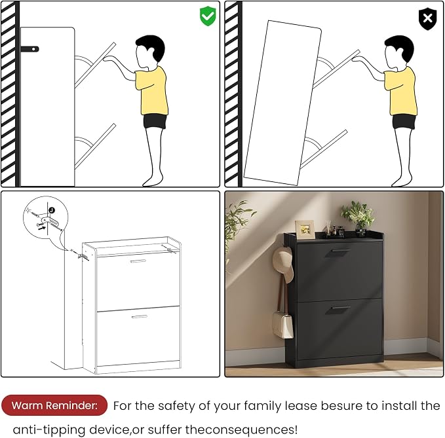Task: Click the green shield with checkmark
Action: click(208, 16)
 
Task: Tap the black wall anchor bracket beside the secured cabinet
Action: click(29, 49)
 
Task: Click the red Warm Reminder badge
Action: click(54, 405)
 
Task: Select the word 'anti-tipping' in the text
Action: click(48, 429)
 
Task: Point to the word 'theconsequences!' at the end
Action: click(242, 429)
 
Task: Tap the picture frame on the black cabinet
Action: click(305, 229)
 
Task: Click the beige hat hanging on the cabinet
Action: click(283, 264)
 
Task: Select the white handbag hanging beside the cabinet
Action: click(282, 324)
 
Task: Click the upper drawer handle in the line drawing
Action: click(138, 261)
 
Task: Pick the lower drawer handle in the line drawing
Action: click(140, 317)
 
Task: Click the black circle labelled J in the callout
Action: click(52, 210)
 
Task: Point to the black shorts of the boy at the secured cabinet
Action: click(155, 121)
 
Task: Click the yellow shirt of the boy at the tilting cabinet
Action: click(401, 91)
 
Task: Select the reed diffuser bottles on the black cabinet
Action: click(334, 228)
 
